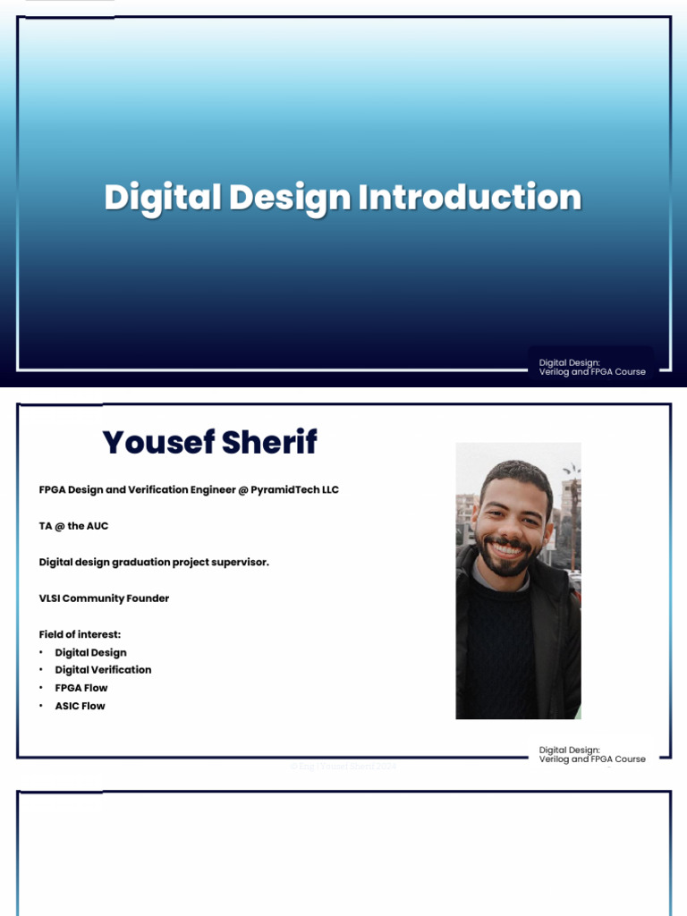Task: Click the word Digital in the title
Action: tap(162, 198)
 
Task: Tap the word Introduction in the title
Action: tap(470, 198)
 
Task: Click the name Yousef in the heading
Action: tap(157, 442)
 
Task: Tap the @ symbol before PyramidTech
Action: tap(242, 490)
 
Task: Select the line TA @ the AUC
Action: tap(73, 526)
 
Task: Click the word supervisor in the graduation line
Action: tap(237, 562)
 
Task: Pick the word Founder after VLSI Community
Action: tap(148, 598)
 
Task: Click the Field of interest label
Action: tap(80, 634)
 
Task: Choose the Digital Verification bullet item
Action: tap(103, 670)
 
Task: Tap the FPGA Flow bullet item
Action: tap(81, 688)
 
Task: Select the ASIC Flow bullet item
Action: tap(80, 706)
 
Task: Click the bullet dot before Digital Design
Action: tap(41, 653)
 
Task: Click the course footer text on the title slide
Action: tap(591, 367)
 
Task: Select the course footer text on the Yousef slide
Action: tap(591, 754)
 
